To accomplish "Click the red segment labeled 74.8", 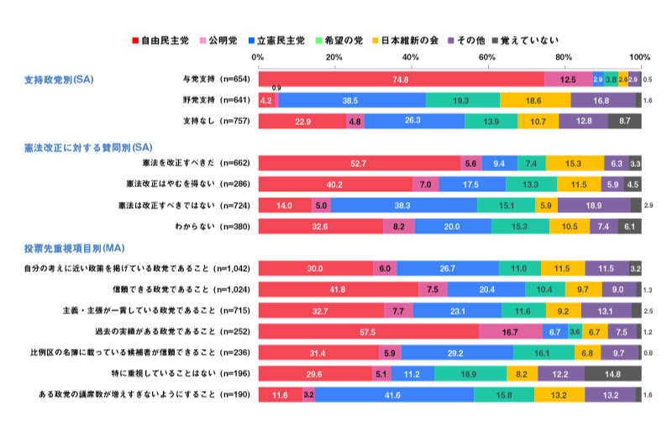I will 401,80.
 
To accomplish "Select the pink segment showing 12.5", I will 568,80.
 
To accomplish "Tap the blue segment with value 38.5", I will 351,100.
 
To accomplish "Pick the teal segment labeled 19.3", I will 462,100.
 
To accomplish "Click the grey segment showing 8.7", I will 625,121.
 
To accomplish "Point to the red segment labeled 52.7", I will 359,163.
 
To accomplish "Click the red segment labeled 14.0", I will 284,206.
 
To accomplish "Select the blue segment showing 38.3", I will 403,206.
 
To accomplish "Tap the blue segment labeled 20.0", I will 452,227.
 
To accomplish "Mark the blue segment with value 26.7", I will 447,269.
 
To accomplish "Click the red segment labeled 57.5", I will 368,331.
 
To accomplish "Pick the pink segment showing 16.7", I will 511,331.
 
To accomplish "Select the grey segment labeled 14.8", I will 612,373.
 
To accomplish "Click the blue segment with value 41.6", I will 394,394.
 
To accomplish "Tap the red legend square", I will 135,40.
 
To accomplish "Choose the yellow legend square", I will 375,40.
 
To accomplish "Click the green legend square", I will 319,40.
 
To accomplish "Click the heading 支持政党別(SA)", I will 59,80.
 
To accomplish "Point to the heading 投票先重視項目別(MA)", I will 74,248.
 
